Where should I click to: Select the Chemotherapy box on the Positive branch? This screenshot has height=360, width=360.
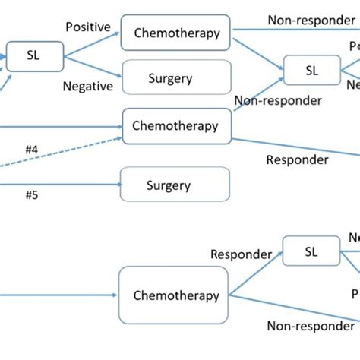click(176, 33)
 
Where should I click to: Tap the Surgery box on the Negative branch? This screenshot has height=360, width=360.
click(176, 77)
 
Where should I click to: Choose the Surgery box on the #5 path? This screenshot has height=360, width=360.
click(175, 185)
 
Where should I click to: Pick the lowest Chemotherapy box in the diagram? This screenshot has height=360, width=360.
click(175, 295)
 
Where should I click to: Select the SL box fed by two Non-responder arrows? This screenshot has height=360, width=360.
click(311, 71)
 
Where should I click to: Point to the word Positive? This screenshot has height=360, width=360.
click(87, 27)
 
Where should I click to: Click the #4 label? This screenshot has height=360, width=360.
click(31, 150)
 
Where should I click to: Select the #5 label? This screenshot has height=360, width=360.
click(31, 194)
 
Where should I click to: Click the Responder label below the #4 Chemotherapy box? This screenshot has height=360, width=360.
click(297, 159)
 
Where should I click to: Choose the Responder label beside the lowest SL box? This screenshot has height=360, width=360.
click(241, 254)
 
